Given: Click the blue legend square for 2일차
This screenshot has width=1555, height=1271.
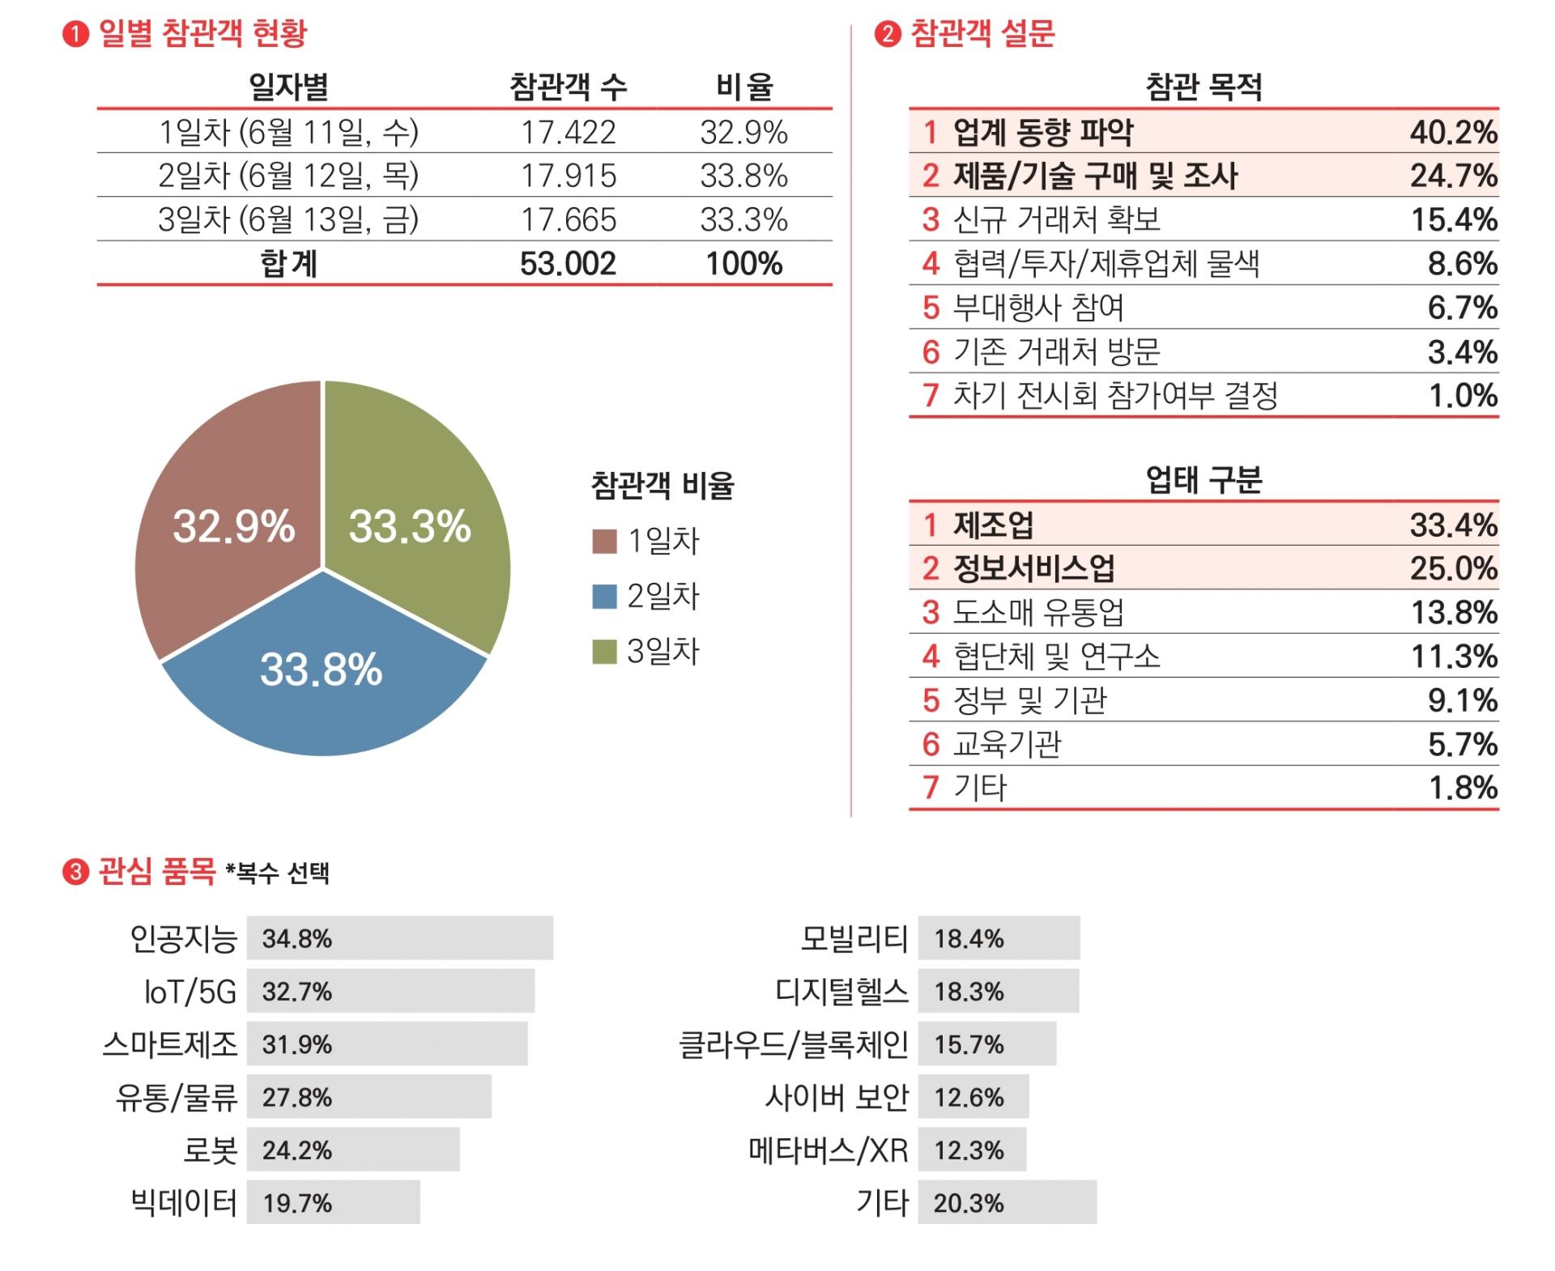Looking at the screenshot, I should (x=604, y=597).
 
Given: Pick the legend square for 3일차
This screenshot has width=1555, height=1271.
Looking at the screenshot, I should (x=604, y=652).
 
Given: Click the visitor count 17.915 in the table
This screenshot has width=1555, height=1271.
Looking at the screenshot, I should (x=569, y=176).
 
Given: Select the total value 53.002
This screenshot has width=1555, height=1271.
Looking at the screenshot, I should (x=569, y=264).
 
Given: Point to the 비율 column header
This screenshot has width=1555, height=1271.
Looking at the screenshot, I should (x=744, y=87).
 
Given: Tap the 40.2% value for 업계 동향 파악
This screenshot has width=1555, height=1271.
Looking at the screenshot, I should (x=1453, y=132).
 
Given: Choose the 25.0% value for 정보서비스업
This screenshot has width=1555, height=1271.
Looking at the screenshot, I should (x=1453, y=568).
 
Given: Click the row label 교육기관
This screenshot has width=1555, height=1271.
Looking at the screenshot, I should (x=1007, y=744).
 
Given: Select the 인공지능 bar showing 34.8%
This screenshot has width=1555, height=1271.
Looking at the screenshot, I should (x=400, y=938).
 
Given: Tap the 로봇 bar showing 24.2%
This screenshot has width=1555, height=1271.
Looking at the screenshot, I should (x=353, y=1150).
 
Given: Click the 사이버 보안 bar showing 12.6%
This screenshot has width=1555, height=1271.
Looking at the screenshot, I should (x=973, y=1097).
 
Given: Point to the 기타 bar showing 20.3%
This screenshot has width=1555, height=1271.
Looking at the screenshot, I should (x=1008, y=1202).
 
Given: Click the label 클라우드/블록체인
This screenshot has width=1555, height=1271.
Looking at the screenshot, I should (x=793, y=1044).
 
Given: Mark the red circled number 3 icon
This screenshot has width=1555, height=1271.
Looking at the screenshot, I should (x=75, y=873).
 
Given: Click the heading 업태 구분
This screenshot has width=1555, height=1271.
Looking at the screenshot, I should (x=1204, y=480).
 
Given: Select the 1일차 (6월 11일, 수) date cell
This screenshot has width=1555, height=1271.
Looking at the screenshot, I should (x=288, y=132).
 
